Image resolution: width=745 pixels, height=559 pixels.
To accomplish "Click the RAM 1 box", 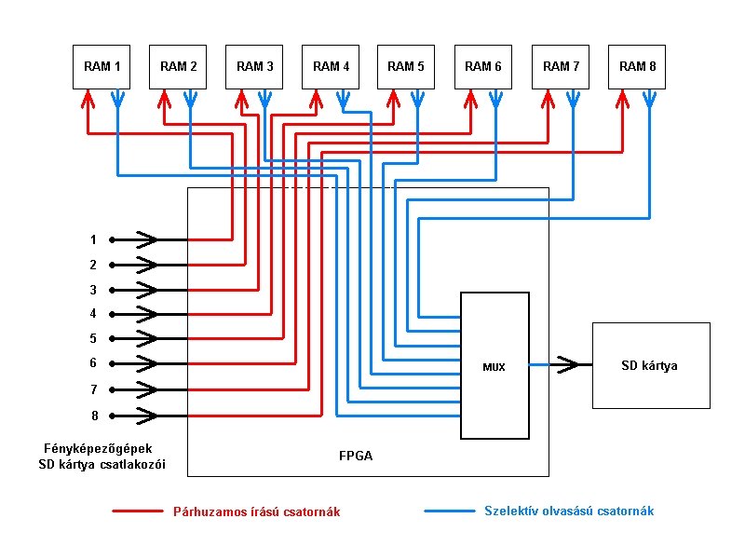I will pyautogui.click(x=102, y=66).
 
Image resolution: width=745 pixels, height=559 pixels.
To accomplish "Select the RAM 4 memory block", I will pyautogui.click(x=332, y=66).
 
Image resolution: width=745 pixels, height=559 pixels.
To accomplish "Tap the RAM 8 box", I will pyautogui.click(x=637, y=66).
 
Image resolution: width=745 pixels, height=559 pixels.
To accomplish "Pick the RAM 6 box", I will pyautogui.click(x=484, y=66).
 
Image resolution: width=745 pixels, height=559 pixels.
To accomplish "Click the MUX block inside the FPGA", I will pyautogui.click(x=494, y=366).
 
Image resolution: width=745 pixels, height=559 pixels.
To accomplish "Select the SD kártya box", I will pyautogui.click(x=650, y=365).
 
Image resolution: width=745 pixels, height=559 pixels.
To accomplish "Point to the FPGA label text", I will pyautogui.click(x=357, y=457).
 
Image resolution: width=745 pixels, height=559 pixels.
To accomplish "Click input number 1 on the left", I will pyautogui.click(x=93, y=239).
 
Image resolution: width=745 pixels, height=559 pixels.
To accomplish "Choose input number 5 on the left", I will pyautogui.click(x=93, y=339).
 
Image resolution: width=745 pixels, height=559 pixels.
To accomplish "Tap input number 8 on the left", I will pyautogui.click(x=93, y=416).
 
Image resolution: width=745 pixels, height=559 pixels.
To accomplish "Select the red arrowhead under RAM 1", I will pyautogui.click(x=88, y=97).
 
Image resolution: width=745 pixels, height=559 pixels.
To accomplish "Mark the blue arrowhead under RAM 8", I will pyautogui.click(x=649, y=97).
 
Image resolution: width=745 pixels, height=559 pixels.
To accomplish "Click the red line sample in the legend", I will pyautogui.click(x=137, y=511).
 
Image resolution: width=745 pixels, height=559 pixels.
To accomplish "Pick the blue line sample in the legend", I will pyautogui.click(x=449, y=511).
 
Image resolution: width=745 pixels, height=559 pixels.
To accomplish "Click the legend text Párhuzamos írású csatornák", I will pyautogui.click(x=256, y=511).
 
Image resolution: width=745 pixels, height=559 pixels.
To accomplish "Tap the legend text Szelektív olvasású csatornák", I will pyautogui.click(x=569, y=511).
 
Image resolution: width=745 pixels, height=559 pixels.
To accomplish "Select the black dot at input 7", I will pyautogui.click(x=111, y=389).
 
